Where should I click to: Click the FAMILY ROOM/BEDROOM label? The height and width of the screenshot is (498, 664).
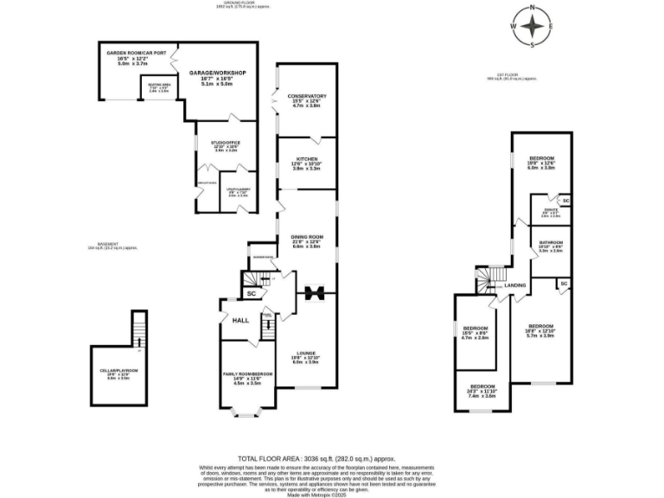pos(247,373)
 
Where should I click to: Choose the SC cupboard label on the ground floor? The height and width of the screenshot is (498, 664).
pos(251,294)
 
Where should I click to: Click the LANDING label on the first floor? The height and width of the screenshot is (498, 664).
pos(516,285)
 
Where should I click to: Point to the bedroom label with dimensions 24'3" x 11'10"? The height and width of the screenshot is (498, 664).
pos(482,386)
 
